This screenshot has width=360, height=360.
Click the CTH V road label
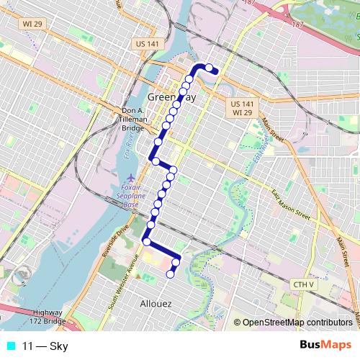point(304,285)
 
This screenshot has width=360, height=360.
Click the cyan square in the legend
point(10,346)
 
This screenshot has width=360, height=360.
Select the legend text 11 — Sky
point(45,346)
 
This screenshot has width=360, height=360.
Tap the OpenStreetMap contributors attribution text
point(297,323)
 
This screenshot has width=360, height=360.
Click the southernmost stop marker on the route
point(171,274)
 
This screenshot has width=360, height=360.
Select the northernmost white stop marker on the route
point(210,68)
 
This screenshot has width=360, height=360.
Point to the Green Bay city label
point(171,97)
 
